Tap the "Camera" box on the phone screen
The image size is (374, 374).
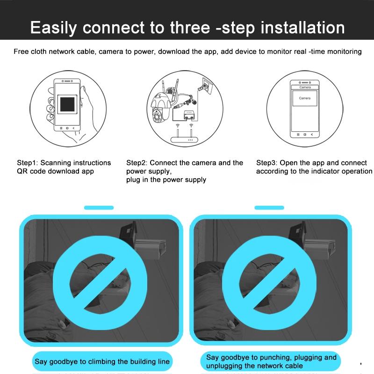pos(304,98)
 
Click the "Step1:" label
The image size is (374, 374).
pos(28,163)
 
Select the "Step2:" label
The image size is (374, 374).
pos(137,163)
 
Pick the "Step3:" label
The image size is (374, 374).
pos(267,163)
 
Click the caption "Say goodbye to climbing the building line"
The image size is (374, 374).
pos(102,361)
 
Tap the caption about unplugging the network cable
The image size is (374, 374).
pos(271,361)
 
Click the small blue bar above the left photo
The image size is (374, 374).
pos(99,208)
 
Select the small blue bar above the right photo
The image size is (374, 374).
pos(269,208)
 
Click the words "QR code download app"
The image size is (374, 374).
pos(55,171)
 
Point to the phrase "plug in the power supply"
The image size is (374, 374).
pos(166,180)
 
